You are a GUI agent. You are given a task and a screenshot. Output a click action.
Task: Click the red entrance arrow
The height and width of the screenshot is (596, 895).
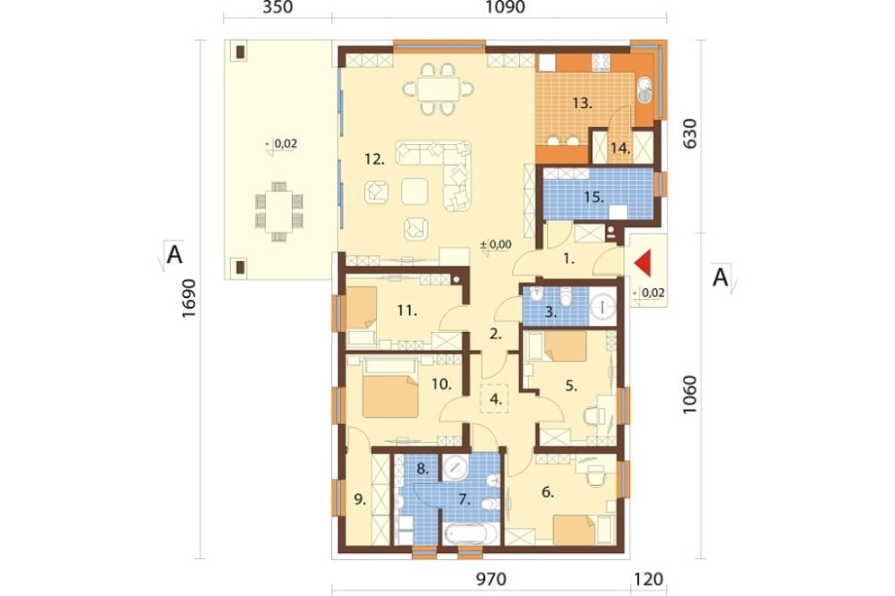(x=644, y=263)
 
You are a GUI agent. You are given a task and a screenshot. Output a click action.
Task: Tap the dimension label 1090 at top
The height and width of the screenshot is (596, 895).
(x=504, y=7)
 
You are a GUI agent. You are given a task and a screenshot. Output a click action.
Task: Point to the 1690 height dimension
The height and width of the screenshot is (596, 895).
(x=188, y=299)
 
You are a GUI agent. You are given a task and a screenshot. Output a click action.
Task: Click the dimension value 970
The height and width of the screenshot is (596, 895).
(x=490, y=580)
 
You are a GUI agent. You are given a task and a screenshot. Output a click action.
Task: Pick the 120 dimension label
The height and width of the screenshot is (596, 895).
(x=648, y=580)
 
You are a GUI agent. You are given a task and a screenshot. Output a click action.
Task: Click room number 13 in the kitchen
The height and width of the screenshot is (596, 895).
(x=583, y=104)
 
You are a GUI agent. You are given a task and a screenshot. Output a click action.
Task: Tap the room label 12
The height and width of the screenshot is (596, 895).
(x=374, y=159)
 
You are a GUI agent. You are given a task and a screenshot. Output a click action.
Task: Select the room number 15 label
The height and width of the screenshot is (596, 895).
(x=593, y=197)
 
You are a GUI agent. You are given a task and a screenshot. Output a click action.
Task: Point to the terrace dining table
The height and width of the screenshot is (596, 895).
(x=279, y=210)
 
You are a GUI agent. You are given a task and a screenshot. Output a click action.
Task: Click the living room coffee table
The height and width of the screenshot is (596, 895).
(x=414, y=192)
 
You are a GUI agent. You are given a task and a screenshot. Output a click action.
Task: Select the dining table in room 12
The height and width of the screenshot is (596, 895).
(x=438, y=89)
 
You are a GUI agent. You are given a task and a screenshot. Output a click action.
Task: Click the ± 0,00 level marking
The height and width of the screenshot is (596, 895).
(x=496, y=244)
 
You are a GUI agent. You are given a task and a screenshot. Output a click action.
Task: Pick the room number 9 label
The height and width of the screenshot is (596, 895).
(x=360, y=500)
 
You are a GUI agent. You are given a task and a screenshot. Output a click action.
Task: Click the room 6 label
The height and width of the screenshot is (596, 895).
(x=548, y=491)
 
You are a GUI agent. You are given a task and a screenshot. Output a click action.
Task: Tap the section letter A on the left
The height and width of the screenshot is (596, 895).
(x=175, y=255)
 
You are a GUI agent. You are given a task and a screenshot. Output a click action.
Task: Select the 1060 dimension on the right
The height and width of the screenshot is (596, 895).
(x=689, y=395)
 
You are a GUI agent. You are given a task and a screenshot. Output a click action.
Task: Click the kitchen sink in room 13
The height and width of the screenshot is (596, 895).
(x=645, y=90)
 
